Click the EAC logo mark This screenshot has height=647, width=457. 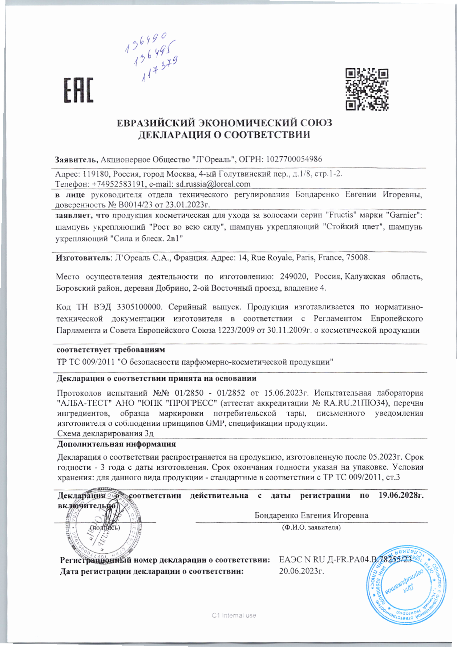point(78,90)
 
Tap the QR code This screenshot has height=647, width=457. point(367,89)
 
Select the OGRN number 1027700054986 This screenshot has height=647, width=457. point(294,159)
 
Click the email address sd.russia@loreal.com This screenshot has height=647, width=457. point(213,184)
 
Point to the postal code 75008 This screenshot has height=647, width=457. point(358,258)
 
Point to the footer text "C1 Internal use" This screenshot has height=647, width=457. point(234,615)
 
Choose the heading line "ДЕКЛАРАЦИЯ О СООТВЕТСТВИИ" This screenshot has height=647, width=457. point(224,135)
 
